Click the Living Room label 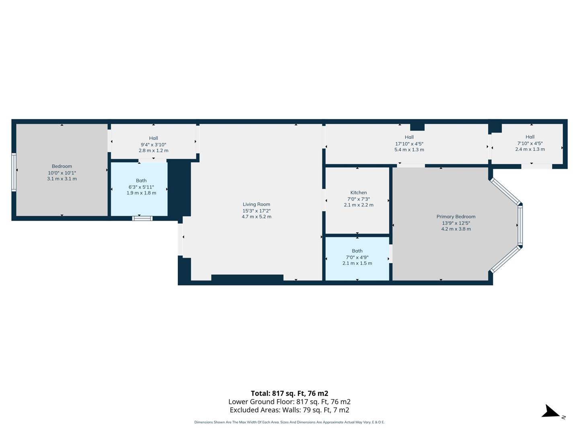256,204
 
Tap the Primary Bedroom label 456,217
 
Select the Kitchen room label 358,192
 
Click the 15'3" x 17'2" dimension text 256,211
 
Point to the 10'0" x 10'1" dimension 62,173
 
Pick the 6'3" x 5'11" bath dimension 141,187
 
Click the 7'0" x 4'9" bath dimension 357,257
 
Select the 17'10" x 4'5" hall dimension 409,143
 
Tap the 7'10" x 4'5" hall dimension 530,143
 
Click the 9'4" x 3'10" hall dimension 153,145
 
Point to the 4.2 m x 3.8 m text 456,229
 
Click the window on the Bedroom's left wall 14,172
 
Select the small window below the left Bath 142,219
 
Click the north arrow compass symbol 550,412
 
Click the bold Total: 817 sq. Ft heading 289,393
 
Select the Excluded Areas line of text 289,410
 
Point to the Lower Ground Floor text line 289,402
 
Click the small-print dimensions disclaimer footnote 289,422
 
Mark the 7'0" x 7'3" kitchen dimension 358,199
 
